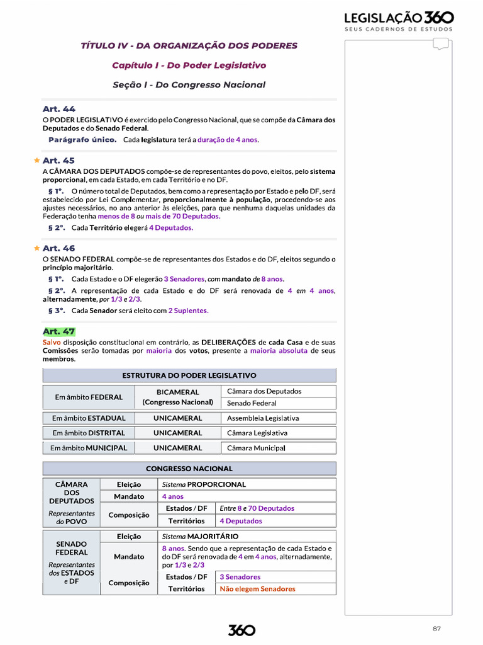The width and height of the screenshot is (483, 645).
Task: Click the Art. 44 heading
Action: coord(58,109)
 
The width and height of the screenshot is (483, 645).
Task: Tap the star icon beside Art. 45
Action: coord(37,161)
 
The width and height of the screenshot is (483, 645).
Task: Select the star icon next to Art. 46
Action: coord(37,248)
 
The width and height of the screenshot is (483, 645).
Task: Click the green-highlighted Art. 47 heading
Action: coord(58,331)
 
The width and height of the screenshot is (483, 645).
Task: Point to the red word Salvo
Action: coord(52,342)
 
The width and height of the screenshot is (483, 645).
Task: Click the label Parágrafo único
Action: coord(82,140)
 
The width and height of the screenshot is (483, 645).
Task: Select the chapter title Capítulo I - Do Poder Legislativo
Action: coord(189,66)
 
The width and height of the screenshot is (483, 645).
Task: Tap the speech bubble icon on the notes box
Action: coord(441,44)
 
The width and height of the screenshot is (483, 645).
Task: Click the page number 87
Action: coord(436,629)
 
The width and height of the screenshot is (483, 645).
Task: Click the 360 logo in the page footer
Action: coord(241,630)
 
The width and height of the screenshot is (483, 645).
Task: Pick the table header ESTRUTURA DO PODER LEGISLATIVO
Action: coord(189,375)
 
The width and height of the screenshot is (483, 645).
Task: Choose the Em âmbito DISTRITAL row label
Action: coord(89,433)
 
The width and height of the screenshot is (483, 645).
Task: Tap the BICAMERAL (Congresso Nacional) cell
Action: coord(178,397)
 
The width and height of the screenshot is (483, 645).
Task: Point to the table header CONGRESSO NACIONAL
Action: coord(189,469)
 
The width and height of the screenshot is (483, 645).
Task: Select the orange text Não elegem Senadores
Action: coord(257,589)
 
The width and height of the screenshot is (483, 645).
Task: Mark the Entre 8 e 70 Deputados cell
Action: coord(257,508)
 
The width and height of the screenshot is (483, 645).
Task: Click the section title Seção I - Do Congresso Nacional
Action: coord(189,85)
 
